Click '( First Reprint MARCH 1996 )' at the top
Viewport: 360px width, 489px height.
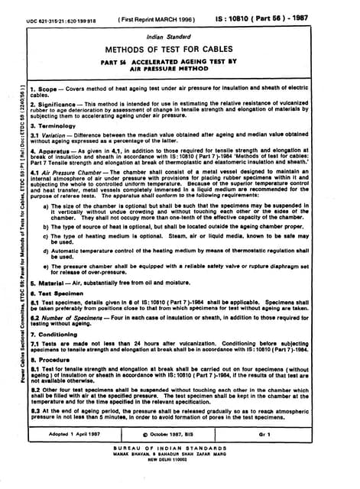point(162,15)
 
